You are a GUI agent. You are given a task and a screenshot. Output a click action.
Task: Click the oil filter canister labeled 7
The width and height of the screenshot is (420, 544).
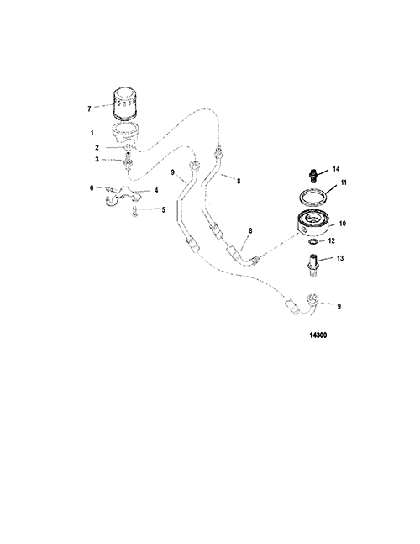(125, 104)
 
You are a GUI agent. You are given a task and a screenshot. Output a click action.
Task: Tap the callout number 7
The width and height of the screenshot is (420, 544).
(89, 109)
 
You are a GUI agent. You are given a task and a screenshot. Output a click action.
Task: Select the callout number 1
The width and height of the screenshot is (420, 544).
(92, 133)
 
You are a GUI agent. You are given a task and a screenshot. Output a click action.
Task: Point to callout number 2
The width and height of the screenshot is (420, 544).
(97, 147)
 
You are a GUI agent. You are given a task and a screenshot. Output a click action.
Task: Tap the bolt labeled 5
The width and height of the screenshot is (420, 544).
(134, 211)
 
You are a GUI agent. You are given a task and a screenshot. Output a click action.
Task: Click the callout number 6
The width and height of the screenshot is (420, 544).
(92, 187)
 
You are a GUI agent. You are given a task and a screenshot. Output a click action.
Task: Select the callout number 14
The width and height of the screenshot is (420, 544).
(336, 169)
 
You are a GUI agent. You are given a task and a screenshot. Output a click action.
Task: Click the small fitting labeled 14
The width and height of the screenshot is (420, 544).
(312, 175)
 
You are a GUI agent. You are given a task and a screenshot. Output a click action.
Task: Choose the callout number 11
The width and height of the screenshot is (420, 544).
(344, 182)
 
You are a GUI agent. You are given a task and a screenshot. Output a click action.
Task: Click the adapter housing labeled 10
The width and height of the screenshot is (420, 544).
(313, 224)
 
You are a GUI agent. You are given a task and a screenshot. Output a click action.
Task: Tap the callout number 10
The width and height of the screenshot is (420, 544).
(342, 224)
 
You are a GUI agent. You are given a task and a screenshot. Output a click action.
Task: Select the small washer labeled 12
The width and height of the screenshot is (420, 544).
(312, 241)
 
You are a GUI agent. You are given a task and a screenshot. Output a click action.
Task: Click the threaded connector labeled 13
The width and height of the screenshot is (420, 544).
(312, 265)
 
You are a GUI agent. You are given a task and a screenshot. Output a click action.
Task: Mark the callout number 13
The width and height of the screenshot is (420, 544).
(340, 258)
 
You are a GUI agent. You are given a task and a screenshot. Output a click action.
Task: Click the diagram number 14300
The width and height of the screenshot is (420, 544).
(318, 335)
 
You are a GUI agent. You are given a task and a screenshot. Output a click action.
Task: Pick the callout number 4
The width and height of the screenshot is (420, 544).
(156, 191)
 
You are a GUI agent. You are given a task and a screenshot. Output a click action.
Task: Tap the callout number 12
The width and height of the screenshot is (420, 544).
(331, 240)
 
